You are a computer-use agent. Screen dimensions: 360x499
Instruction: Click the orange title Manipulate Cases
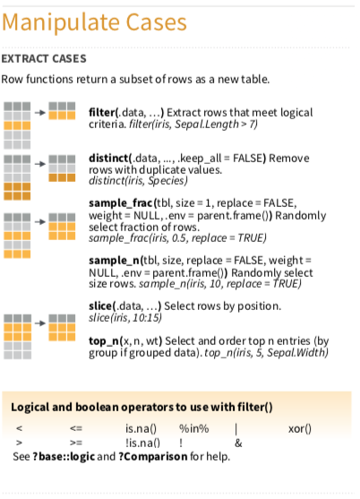point(94,23)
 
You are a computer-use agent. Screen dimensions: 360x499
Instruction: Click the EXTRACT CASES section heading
point(44,59)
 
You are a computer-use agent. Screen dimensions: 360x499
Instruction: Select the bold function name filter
point(102,112)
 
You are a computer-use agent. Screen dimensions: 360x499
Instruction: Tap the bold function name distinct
point(108,158)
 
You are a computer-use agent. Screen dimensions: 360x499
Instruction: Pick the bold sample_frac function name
point(121,203)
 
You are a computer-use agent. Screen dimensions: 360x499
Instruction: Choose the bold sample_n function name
point(114,261)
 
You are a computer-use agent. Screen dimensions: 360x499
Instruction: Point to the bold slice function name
point(100,305)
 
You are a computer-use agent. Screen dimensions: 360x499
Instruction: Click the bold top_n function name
point(104,341)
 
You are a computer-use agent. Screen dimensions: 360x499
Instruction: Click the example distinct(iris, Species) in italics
point(138,181)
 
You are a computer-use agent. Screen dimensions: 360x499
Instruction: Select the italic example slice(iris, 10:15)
point(125,318)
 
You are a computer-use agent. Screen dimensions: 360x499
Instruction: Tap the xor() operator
point(300,429)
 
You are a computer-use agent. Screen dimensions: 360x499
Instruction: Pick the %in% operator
point(194,428)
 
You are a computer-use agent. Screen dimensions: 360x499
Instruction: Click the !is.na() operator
point(142,443)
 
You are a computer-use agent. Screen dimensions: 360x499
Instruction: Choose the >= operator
point(76,443)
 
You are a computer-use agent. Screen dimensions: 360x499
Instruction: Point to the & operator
point(238,443)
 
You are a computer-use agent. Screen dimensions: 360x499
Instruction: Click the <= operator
point(76,428)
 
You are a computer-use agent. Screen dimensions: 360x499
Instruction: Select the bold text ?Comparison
point(153,457)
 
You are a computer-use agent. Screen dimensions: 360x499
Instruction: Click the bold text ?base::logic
point(64,457)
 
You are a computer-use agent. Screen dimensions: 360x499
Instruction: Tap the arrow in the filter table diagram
point(40,113)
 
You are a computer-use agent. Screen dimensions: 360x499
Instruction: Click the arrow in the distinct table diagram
point(40,164)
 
